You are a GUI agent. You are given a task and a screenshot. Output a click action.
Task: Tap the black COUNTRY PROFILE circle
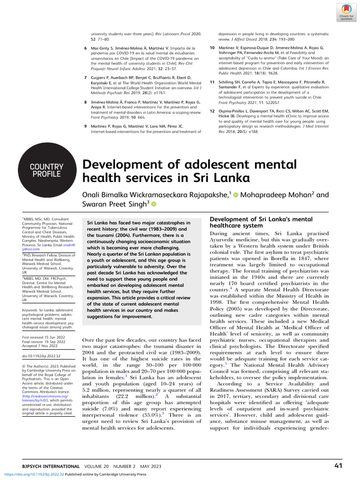tap(46, 170)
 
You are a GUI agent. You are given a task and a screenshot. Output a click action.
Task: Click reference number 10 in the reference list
tap(212, 48)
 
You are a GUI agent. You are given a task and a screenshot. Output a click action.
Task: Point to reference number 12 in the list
tap(212, 111)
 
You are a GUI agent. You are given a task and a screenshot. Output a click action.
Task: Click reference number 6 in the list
tap(85, 48)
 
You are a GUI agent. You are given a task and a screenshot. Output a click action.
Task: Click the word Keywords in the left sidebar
tap(30, 310)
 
